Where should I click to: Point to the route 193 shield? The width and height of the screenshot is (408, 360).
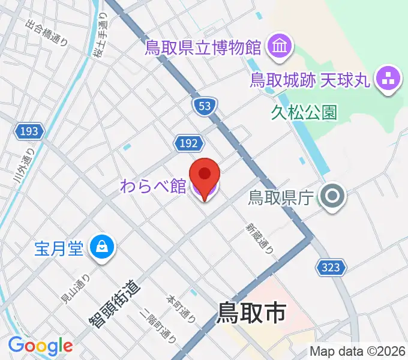[x=29, y=131]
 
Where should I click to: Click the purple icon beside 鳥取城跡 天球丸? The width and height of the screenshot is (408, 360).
[x=387, y=78]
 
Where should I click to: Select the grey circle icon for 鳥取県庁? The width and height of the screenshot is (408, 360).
[x=331, y=196]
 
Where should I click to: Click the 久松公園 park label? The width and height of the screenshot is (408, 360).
[x=304, y=112]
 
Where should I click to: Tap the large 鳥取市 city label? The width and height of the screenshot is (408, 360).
[x=251, y=313]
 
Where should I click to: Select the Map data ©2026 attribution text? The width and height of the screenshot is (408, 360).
[x=358, y=351]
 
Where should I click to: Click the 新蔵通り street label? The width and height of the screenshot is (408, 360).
[x=259, y=238]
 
